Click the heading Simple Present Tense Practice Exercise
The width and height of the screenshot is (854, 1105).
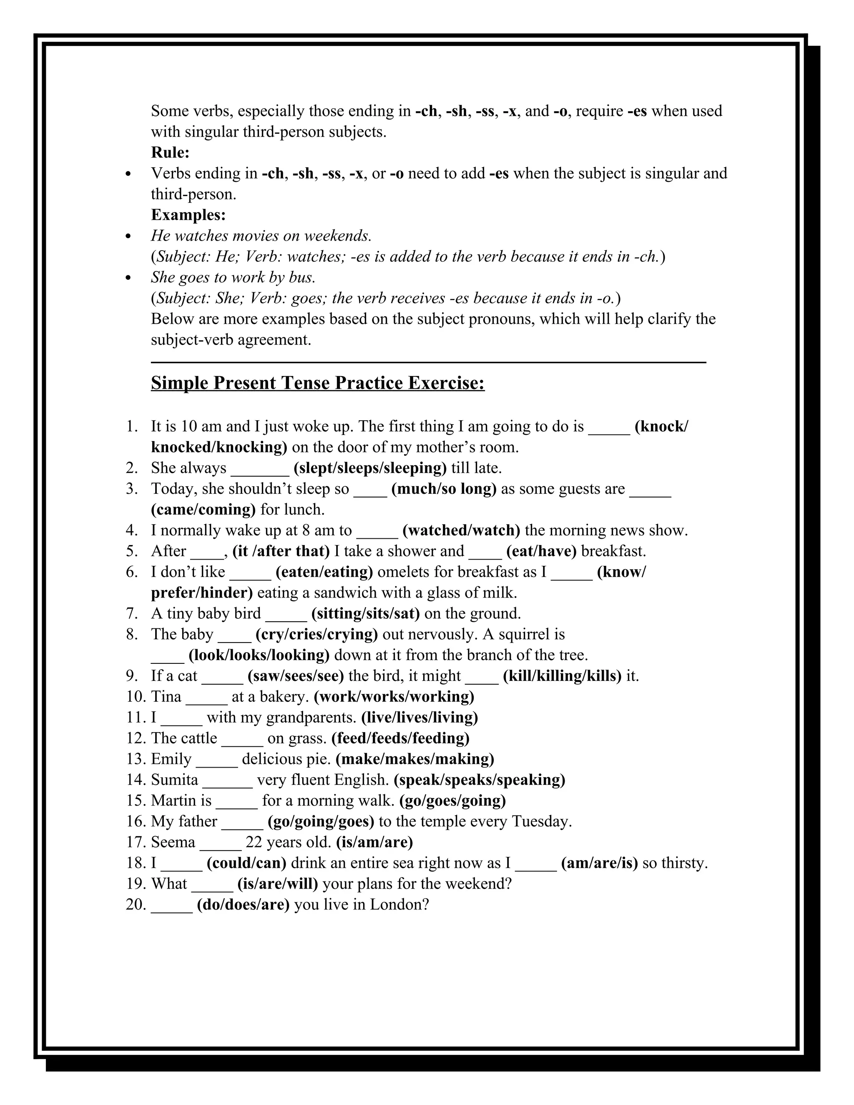[x=317, y=383]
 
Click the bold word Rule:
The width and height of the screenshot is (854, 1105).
[x=170, y=152]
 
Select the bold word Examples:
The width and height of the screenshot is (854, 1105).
[x=188, y=215]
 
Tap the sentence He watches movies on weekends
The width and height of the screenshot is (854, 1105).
[x=261, y=236]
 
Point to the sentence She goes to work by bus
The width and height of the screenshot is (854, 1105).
[x=233, y=277]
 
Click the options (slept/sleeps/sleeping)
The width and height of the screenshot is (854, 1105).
[x=370, y=468]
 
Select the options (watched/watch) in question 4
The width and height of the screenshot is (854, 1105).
[x=461, y=530]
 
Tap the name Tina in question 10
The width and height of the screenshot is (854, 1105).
[x=166, y=697]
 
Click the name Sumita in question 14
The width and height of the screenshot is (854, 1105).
[x=175, y=780]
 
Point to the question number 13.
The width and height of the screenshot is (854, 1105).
[x=136, y=759]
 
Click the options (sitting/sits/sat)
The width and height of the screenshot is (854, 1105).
[x=365, y=614]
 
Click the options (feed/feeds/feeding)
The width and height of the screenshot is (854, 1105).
[x=400, y=738]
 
